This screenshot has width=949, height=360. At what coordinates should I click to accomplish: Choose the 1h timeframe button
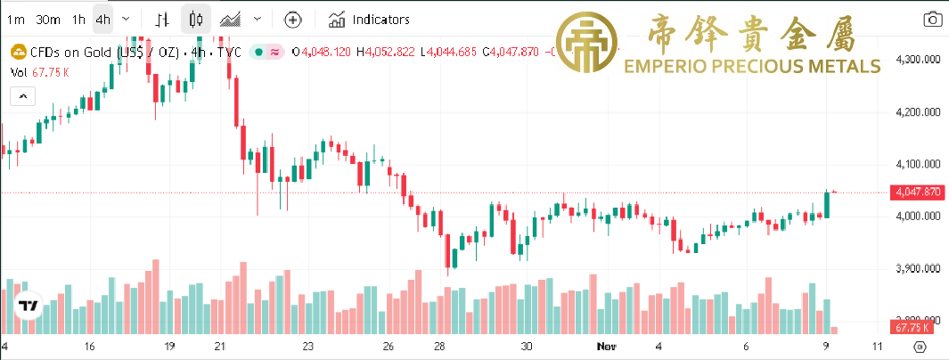79,20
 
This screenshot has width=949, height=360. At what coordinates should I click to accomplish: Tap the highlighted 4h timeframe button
103,20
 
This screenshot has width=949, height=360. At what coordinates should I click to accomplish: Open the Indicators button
370,20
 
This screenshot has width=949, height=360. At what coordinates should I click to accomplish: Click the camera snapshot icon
932,20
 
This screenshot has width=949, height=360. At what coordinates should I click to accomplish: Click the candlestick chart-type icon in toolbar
197,20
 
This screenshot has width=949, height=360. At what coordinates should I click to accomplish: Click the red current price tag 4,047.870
915,192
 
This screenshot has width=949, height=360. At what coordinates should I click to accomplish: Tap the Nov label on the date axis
606,346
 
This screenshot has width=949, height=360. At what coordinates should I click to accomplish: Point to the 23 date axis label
308,346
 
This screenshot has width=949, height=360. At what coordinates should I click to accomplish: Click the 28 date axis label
439,346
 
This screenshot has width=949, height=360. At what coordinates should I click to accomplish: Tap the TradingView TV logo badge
29,307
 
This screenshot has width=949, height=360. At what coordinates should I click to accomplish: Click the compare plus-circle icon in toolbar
292,20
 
